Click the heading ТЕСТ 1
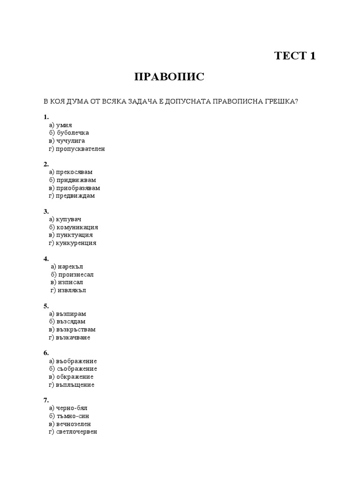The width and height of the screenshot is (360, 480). coord(295,56)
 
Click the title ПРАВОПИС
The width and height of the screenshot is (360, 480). coord(169,77)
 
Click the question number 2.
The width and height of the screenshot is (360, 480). coord(46,165)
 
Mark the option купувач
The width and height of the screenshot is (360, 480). coord(71,219)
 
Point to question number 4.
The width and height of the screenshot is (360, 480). coord(46,259)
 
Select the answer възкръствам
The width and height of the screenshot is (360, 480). coord(75,330)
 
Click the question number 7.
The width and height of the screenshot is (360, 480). coord(46,400)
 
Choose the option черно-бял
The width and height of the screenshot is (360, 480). coord(72,408)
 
